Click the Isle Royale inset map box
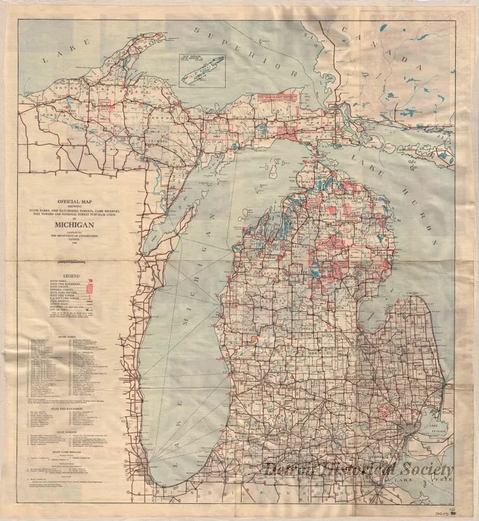click(x=202, y=69)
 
